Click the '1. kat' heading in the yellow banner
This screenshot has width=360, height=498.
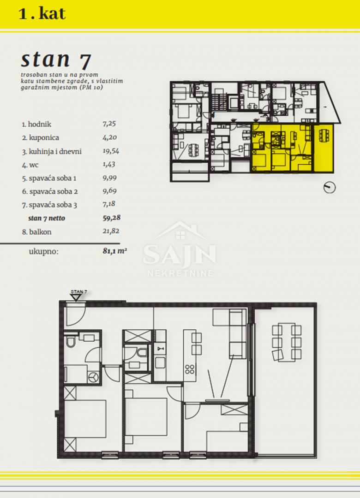42,14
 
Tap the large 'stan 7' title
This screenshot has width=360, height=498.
56,59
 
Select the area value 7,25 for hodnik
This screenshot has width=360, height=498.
109,124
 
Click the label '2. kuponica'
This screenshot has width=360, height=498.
41,137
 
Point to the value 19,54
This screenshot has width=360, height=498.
111,151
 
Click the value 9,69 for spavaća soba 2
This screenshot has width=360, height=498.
110,191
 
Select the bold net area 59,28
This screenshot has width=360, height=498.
112,218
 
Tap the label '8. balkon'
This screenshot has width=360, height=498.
36,232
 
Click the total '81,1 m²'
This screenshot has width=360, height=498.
115,251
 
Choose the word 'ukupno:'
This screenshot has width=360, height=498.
43,252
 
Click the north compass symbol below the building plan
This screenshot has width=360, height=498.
330,187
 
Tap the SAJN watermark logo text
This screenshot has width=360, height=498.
180,255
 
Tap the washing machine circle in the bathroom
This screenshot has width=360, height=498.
93,377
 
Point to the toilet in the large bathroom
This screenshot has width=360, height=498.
70,341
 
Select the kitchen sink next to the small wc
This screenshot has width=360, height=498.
160,349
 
